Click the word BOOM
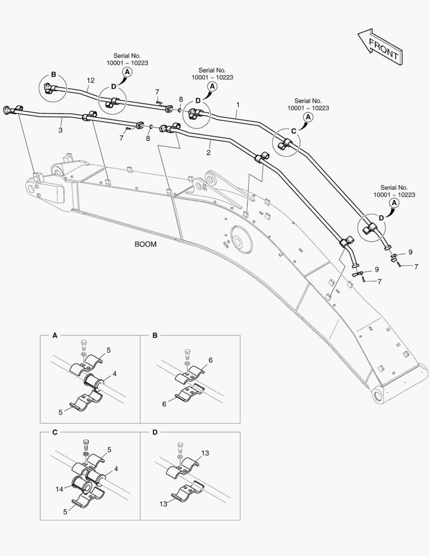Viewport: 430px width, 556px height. (145, 245)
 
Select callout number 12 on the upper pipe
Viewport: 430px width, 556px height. (91, 80)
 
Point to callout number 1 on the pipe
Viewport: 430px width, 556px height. (238, 105)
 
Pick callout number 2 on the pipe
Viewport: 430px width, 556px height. (209, 153)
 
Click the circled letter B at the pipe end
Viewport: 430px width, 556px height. (53, 74)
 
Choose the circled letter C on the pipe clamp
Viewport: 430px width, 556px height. (294, 131)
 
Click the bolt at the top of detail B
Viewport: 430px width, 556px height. (186, 354)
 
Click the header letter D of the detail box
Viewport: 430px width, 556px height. (156, 432)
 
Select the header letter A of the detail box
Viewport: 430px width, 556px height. (55, 336)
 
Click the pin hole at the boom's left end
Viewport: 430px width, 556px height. (36, 189)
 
